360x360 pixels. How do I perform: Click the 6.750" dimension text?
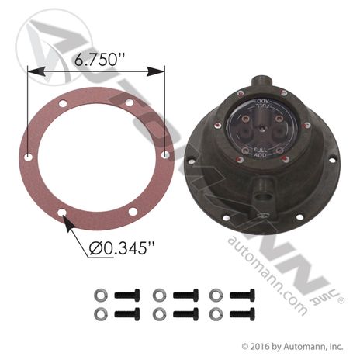(99, 60)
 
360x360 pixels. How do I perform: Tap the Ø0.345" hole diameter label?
(122, 248)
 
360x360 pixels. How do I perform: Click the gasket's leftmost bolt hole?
(29, 157)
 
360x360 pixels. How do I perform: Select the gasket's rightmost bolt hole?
(165, 155)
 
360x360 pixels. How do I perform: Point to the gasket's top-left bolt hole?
(63, 104)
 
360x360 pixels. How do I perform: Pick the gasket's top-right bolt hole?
(130, 102)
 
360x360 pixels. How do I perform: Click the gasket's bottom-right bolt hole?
(133, 212)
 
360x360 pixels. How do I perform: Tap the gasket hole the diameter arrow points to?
(62, 213)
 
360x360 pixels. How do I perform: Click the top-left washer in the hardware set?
(99, 295)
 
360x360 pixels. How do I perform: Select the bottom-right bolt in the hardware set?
(242, 314)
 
